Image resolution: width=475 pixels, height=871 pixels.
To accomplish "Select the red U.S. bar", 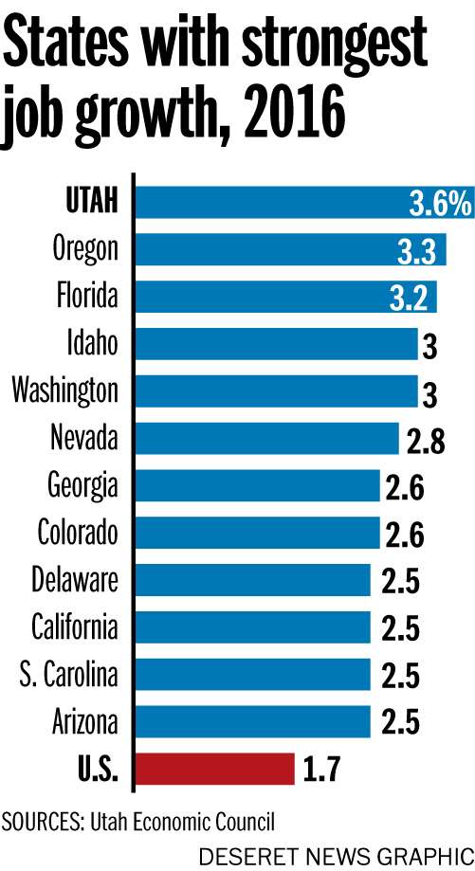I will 216,769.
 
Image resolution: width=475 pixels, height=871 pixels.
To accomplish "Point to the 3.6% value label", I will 439,202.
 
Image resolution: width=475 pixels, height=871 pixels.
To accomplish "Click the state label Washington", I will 65,390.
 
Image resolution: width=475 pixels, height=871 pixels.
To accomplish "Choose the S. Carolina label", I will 69,675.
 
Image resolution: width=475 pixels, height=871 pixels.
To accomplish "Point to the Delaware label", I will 75,579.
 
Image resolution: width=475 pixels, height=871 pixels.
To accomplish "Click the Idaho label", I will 93,343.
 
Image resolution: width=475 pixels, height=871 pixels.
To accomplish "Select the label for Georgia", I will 83,485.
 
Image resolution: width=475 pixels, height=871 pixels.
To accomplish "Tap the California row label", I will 75,627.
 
